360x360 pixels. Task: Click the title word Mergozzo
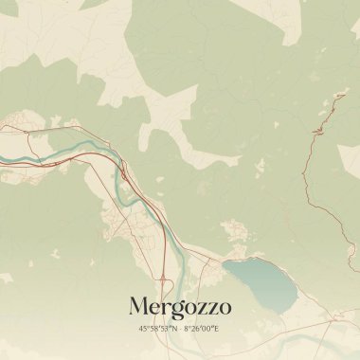(180, 307)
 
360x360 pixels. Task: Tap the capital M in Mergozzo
(138, 306)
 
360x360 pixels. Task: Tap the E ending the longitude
(217, 328)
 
